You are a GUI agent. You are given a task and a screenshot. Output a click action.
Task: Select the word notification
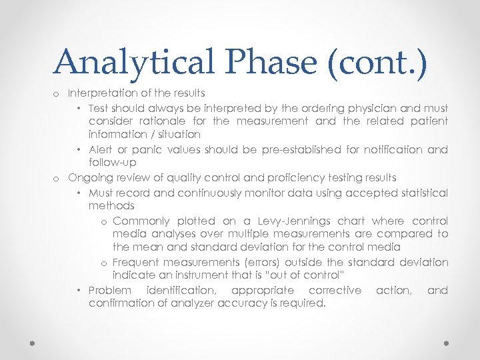[x=390, y=149]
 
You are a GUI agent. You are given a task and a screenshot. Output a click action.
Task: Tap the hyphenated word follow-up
[x=111, y=163]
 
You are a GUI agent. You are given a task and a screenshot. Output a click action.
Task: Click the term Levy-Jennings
[x=294, y=220]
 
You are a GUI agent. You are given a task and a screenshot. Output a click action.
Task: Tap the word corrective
[x=335, y=290]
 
